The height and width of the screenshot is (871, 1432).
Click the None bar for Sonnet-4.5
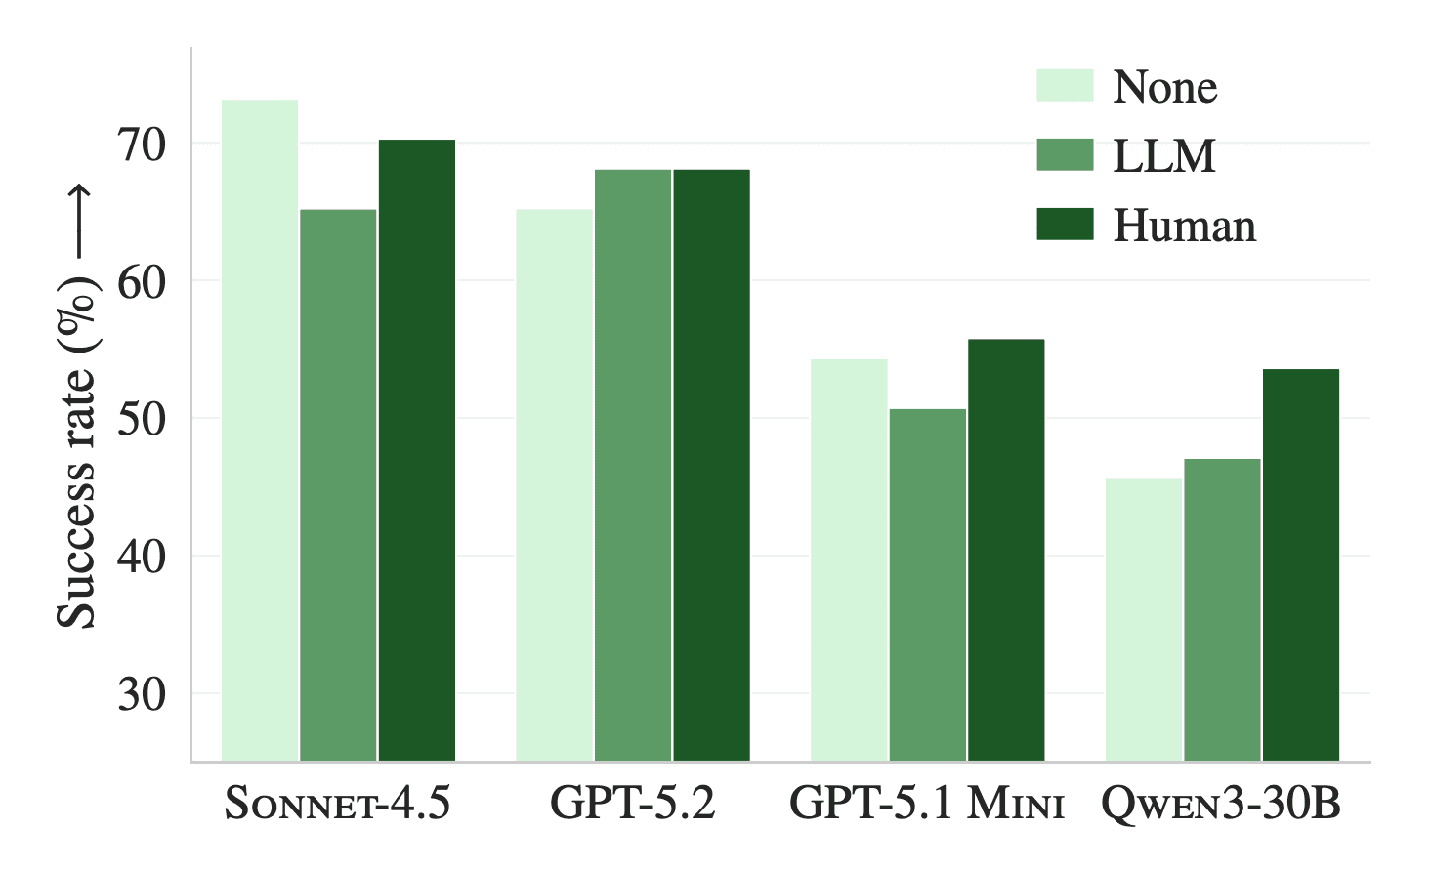pyautogui.click(x=260, y=430)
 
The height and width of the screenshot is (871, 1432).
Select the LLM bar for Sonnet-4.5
pyautogui.click(x=338, y=484)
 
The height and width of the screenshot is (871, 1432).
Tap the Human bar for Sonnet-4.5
pyautogui.click(x=417, y=449)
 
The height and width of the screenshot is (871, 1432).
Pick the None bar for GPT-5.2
pyautogui.click(x=554, y=484)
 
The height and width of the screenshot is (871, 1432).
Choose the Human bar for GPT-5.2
pyautogui.click(x=711, y=465)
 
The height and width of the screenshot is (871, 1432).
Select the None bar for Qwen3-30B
pyautogui.click(x=1144, y=619)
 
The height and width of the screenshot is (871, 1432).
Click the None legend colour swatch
pyautogui.click(x=1065, y=86)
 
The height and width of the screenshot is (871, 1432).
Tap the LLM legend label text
pyautogui.click(x=1164, y=156)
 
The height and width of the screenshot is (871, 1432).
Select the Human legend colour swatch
pyautogui.click(x=1065, y=225)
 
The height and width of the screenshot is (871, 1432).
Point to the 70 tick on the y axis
pyautogui.click(x=142, y=144)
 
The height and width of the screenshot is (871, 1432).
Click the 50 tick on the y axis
pyautogui.click(x=142, y=419)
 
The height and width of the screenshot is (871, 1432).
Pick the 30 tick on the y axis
pyautogui.click(x=142, y=694)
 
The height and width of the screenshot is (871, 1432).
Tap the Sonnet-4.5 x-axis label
pyautogui.click(x=338, y=804)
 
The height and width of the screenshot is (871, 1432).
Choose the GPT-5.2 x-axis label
pyautogui.click(x=633, y=804)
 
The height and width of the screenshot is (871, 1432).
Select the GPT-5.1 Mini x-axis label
pyautogui.click(x=927, y=804)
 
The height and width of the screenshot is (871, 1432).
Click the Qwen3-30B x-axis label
pyautogui.click(x=1221, y=804)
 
